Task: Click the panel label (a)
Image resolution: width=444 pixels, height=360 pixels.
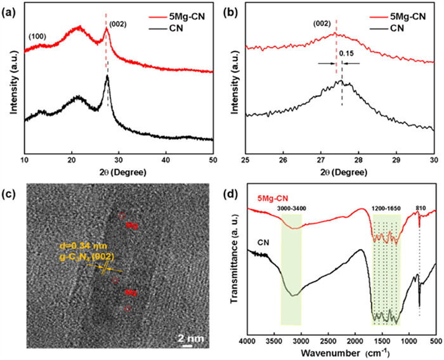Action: (x=10, y=8)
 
